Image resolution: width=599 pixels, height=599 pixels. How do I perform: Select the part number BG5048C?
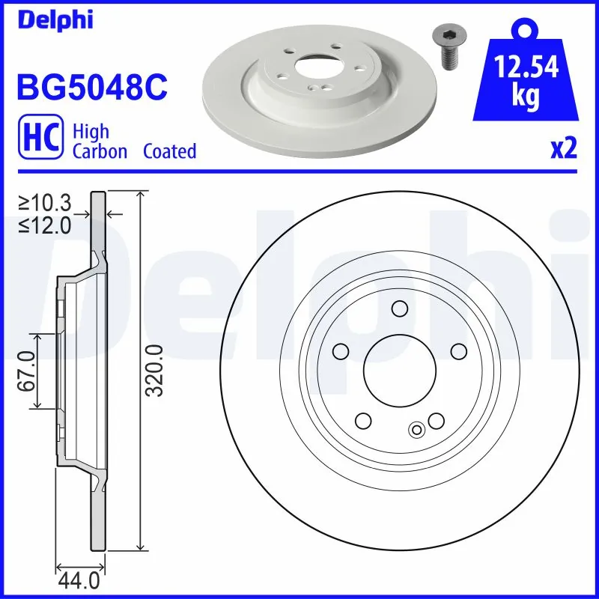coord(91,88)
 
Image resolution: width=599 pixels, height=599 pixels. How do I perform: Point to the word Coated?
coord(169,151)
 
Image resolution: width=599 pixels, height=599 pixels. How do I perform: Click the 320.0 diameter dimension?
coord(155,370)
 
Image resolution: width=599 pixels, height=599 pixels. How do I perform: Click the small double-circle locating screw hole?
coord(417,429)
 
